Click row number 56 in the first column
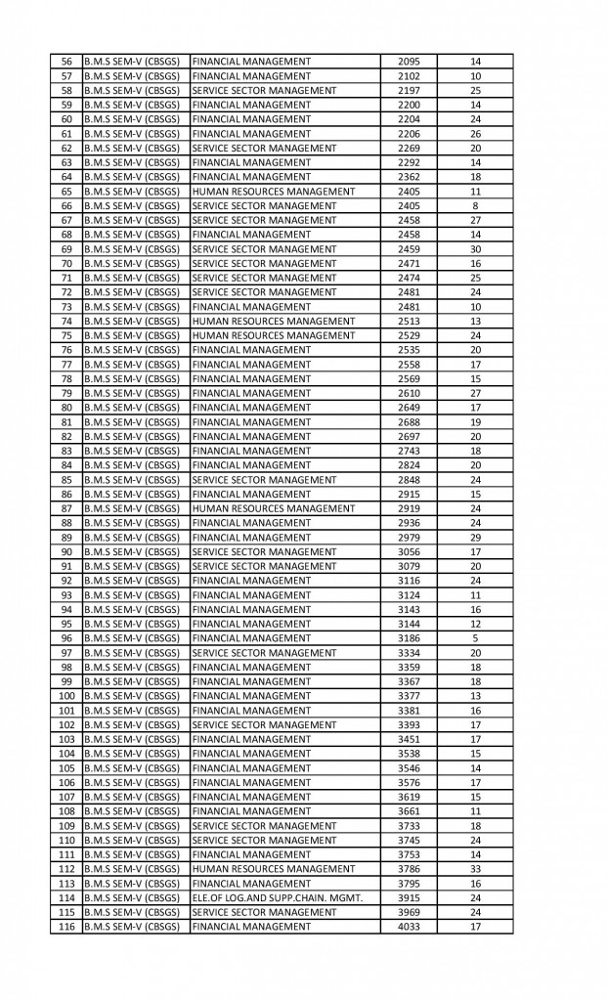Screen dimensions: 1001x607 [66, 62]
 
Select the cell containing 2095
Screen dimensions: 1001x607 [409, 62]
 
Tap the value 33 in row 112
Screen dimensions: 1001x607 [475, 869]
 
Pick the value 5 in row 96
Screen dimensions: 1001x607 [475, 638]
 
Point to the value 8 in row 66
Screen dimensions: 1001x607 [475, 205]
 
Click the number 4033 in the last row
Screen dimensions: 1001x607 [409, 927]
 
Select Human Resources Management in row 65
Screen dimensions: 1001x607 [274, 192]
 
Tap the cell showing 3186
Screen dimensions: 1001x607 [409, 638]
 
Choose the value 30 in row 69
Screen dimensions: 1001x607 [475, 249]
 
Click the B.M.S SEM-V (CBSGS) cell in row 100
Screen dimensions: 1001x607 [132, 696]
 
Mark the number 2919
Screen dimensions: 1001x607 [409, 508]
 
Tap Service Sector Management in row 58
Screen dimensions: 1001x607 [265, 90]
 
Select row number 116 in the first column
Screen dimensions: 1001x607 [66, 927]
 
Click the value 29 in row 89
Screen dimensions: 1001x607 [475, 538]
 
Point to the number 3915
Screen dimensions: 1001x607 [409, 897]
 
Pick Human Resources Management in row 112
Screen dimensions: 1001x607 [274, 869]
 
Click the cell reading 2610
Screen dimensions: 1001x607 [409, 393]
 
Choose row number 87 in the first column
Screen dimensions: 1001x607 [66, 508]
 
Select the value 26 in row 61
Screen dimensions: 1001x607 [475, 134]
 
